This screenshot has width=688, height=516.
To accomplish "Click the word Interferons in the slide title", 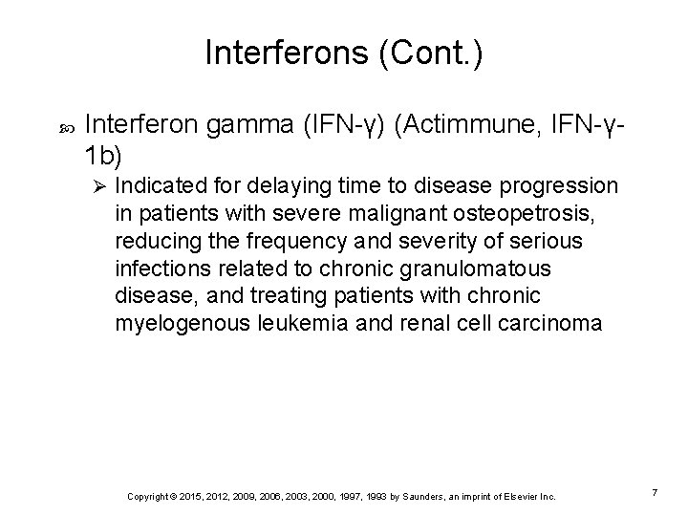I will (x=277, y=54).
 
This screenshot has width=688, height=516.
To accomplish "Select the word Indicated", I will (x=161, y=184).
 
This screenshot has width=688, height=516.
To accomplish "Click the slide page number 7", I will (x=655, y=491).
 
